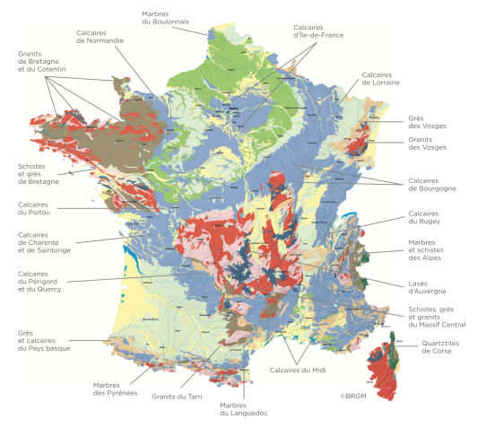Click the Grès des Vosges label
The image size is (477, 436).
click(x=421, y=122)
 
